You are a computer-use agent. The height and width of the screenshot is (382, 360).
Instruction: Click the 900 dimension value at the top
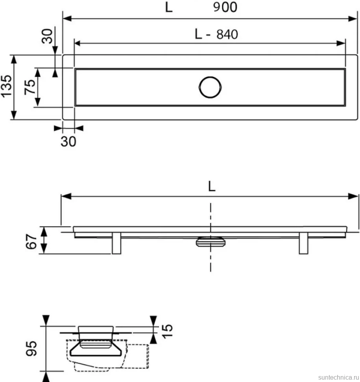(x=225, y=7)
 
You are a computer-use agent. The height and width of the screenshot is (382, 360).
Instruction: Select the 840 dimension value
(x=227, y=34)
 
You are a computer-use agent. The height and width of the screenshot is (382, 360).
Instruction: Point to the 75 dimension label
(x=30, y=87)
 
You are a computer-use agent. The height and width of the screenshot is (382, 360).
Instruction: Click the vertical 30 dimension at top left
(x=47, y=36)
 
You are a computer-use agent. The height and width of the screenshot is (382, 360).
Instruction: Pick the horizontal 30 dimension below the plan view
(x=68, y=141)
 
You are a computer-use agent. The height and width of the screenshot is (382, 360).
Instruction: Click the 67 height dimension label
(x=31, y=241)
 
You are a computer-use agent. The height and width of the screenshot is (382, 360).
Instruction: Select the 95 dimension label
(x=31, y=349)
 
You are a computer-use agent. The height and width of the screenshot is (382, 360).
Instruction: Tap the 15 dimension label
(x=167, y=331)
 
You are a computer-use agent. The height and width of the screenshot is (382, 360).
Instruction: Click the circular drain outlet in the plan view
(x=210, y=87)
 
